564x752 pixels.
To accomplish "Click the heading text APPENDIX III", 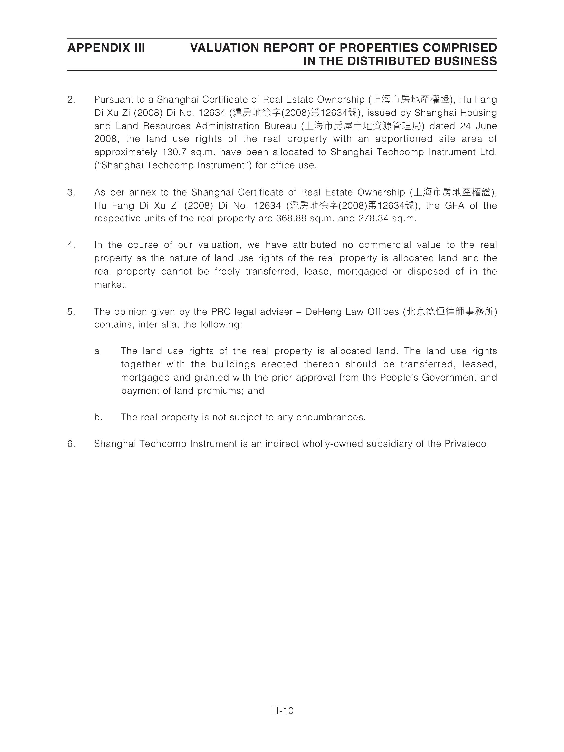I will click(106, 48).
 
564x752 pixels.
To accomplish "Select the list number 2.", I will click(71, 100).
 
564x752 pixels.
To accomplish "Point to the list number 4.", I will click(71, 245).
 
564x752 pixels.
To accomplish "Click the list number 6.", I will click(71, 444).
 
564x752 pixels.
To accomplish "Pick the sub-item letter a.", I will click(98, 351).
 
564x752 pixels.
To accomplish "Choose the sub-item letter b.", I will click(98, 417).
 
